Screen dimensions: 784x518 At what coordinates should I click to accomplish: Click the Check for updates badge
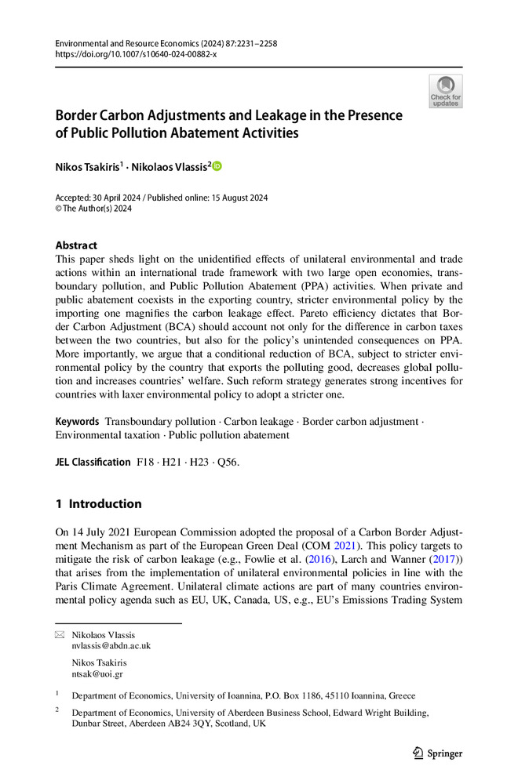coord(445,92)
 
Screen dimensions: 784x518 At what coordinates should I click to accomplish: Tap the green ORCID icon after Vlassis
coord(217,166)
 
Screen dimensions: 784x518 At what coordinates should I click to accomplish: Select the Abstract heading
coord(76,245)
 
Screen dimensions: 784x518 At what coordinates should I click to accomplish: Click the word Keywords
coord(77,421)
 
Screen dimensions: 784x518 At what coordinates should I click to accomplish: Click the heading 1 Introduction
coord(98,503)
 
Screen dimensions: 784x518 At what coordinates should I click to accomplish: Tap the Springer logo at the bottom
coord(438,753)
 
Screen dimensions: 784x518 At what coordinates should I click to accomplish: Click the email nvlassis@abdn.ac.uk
coord(111,646)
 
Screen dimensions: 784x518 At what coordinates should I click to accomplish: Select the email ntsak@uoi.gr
coord(97,673)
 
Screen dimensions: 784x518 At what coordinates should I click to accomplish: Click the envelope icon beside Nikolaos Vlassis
coord(60,633)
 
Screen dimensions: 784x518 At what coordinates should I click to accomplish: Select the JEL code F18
coord(146,462)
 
